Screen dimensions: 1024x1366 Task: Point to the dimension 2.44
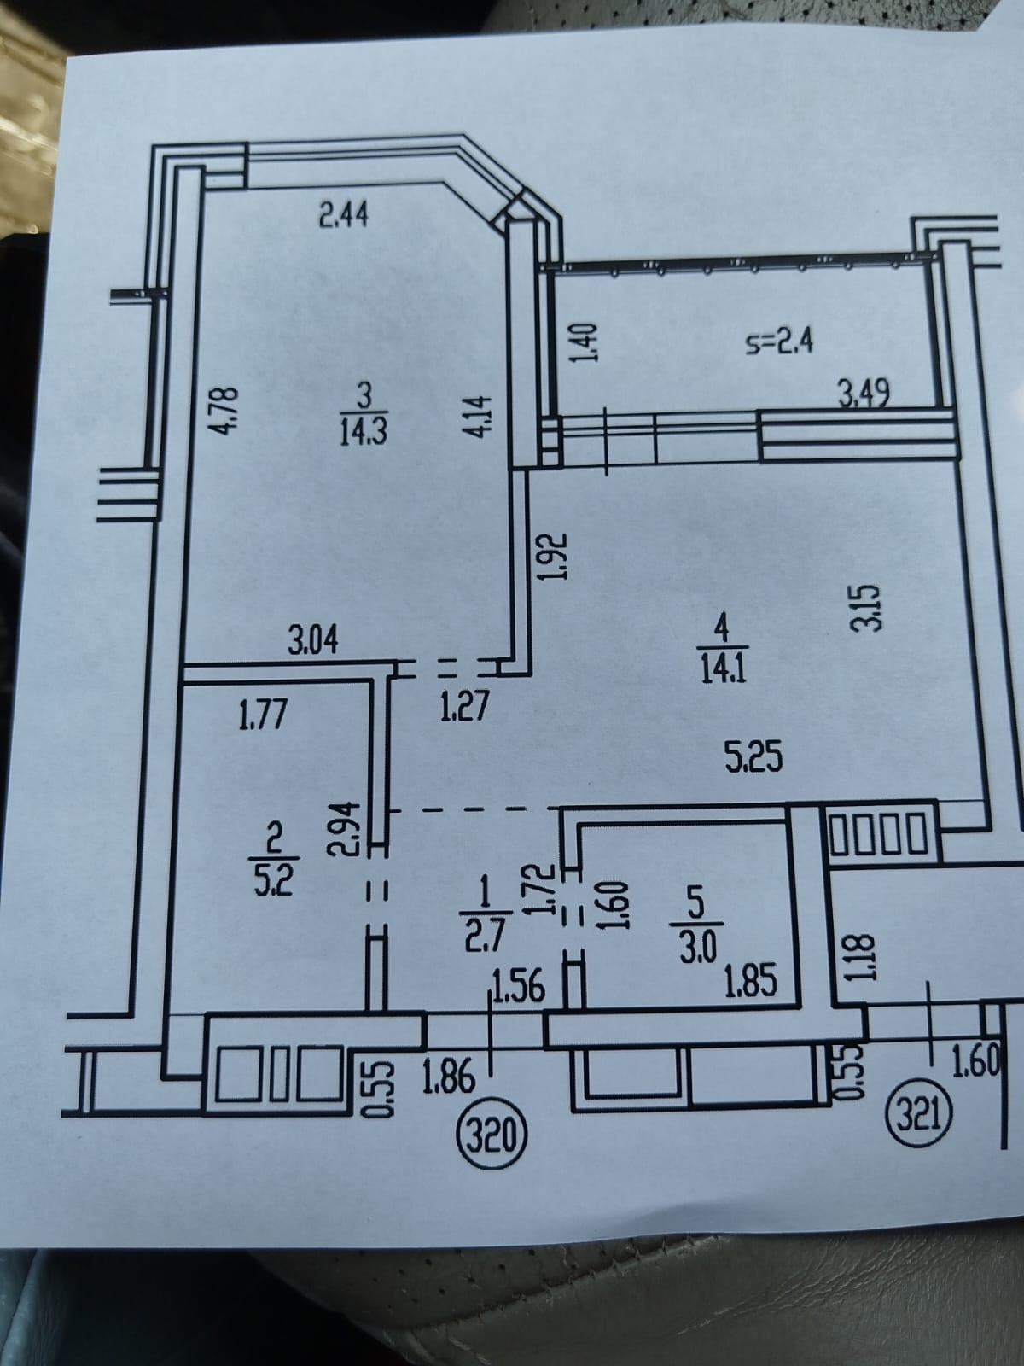[x=344, y=217]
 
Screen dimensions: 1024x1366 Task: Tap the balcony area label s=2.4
[x=781, y=343]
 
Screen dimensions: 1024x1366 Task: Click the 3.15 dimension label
[x=866, y=606]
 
